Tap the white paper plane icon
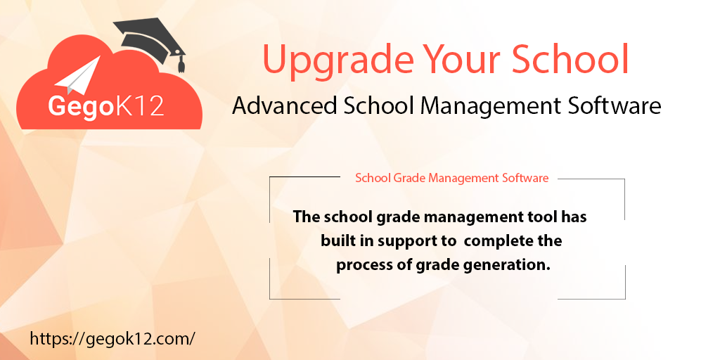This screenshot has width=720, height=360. click(79, 77)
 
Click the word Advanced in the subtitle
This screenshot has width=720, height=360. click(283, 105)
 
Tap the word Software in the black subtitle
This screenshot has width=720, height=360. click(613, 105)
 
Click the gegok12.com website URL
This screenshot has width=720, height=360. click(112, 338)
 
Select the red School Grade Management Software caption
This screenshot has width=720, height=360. click(451, 178)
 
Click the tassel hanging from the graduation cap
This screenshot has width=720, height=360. click(181, 64)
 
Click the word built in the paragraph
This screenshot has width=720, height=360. click(338, 240)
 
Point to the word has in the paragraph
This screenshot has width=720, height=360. click(573, 217)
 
